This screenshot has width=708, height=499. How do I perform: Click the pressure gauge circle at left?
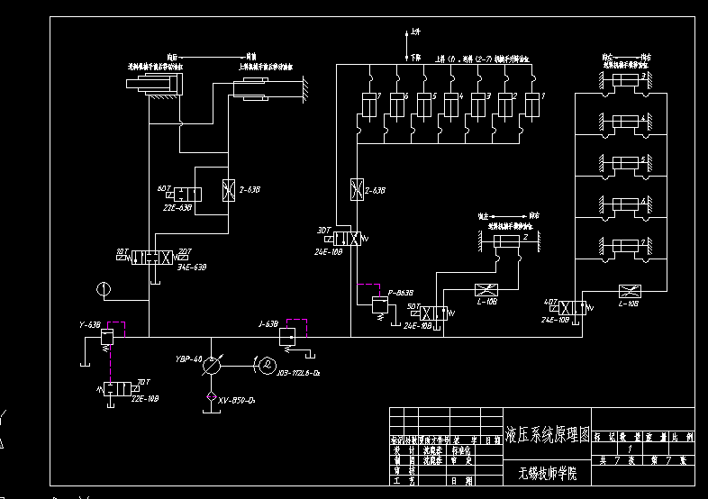[x=104, y=290]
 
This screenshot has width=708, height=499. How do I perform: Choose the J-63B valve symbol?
[x=286, y=336]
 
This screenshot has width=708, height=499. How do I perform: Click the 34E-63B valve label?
[x=193, y=267]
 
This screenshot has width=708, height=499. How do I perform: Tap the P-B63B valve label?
[x=399, y=292]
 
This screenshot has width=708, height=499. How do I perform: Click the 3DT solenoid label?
[x=322, y=230]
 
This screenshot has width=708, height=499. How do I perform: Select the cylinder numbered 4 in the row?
[x=453, y=106]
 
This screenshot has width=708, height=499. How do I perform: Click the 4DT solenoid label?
[x=551, y=301]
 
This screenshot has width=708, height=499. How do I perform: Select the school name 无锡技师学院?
[x=547, y=472]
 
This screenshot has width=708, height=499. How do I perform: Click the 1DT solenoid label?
[x=122, y=250]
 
